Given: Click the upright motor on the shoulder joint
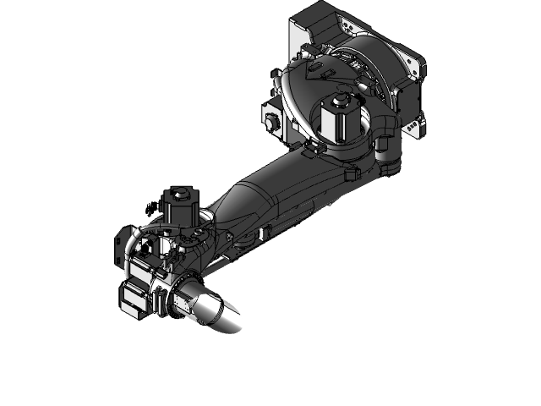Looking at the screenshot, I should [x=342, y=118].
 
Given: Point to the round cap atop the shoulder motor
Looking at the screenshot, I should [x=342, y=101].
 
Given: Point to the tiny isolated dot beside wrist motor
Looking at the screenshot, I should [x=149, y=206].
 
